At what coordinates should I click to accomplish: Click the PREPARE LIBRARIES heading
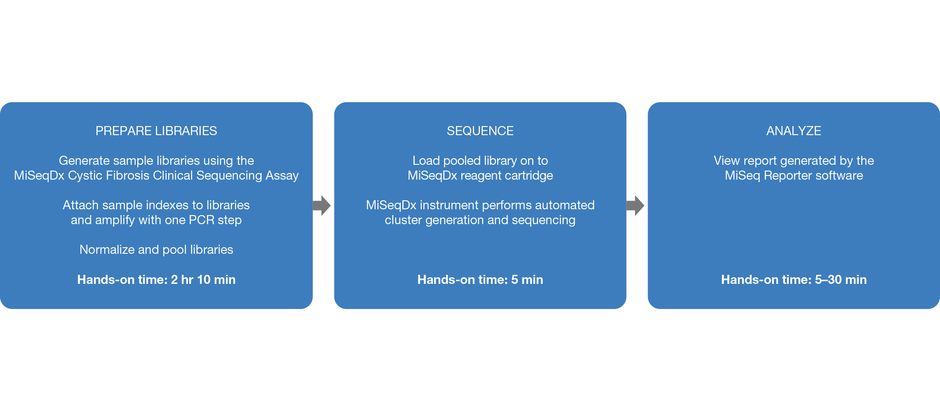click(x=156, y=131)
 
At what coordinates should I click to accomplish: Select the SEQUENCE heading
click(x=480, y=131)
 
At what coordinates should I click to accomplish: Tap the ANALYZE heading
click(x=794, y=131)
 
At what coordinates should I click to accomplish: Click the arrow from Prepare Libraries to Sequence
click(x=322, y=205)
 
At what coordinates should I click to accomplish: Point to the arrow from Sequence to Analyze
click(x=636, y=205)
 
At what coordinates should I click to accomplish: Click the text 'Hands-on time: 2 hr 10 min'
click(x=156, y=280)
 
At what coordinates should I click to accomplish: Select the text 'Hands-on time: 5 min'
click(x=480, y=280)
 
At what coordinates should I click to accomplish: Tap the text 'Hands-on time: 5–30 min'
click(x=794, y=280)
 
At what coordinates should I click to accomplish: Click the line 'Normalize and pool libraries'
click(x=156, y=250)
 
